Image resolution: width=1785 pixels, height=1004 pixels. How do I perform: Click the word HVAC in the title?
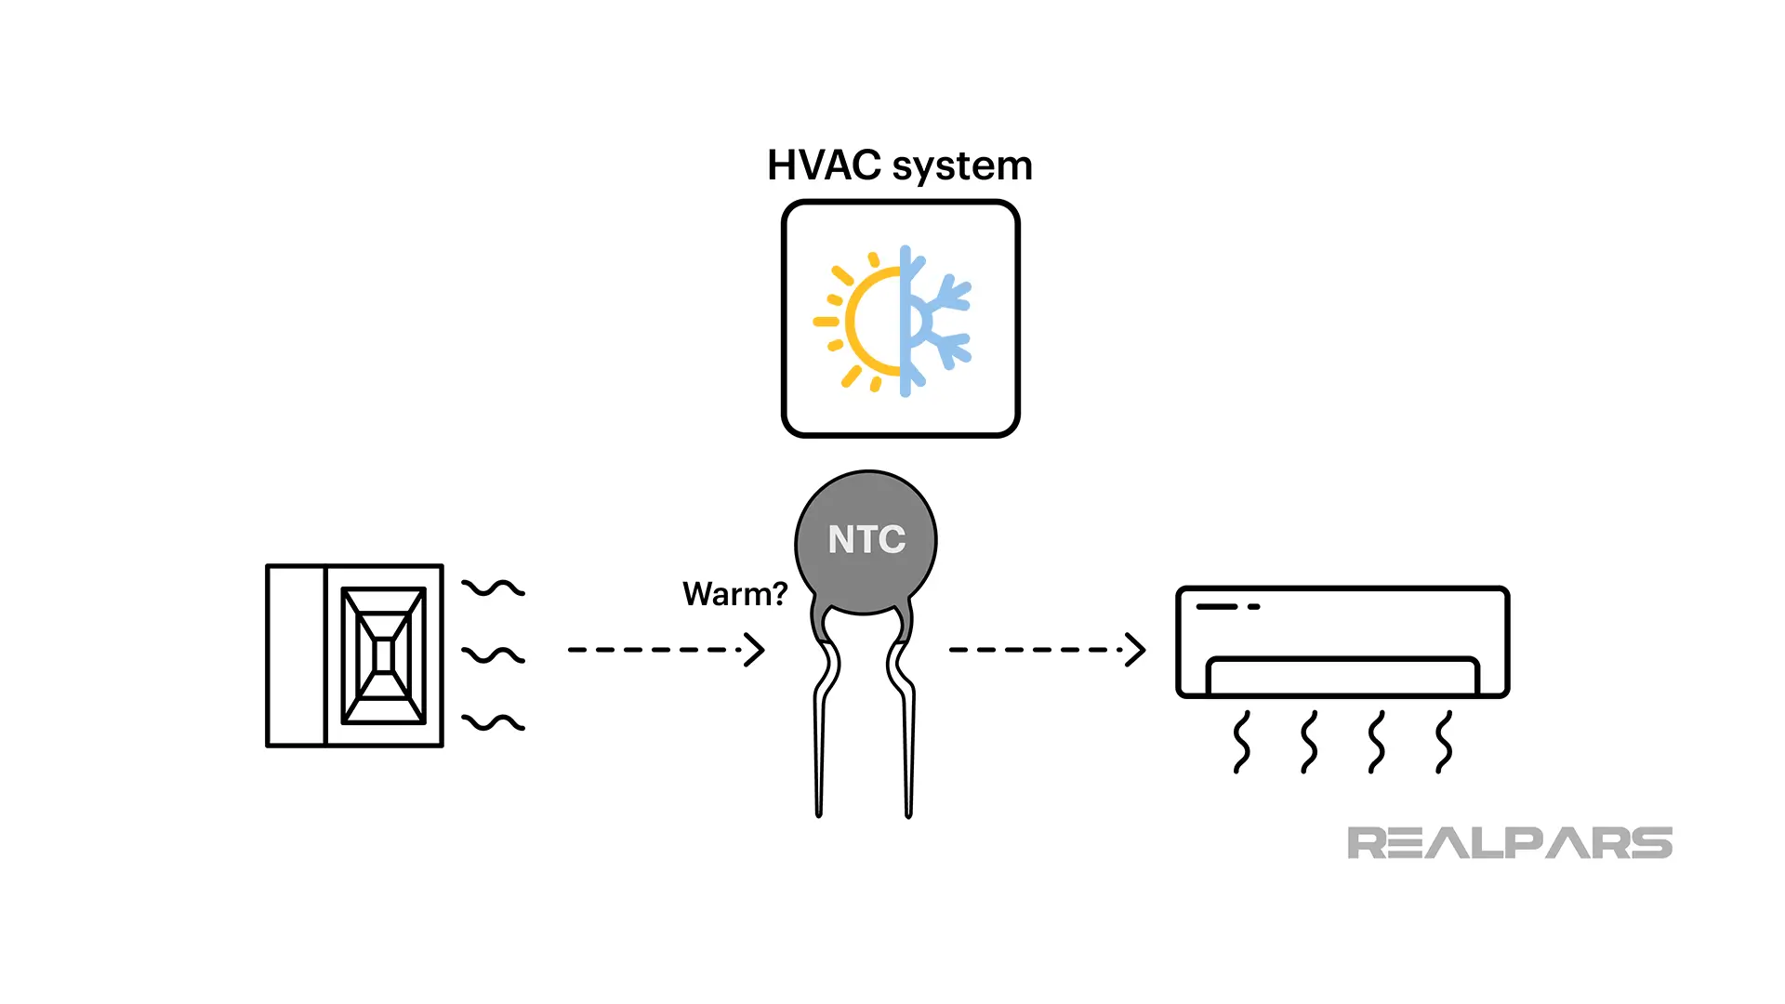pyautogui.click(x=824, y=165)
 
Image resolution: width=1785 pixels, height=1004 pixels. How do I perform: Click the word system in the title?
pyautogui.click(x=962, y=167)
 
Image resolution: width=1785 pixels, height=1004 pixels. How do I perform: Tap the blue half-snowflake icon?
pyautogui.click(x=934, y=321)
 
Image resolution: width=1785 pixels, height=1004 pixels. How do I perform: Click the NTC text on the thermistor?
pyautogui.click(x=866, y=539)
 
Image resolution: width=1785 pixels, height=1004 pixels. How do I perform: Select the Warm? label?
pyautogui.click(x=734, y=594)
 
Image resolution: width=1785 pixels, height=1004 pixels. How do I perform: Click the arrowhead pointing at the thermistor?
pyautogui.click(x=755, y=650)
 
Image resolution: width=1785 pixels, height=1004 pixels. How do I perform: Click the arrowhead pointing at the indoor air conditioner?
pyautogui.click(x=1135, y=650)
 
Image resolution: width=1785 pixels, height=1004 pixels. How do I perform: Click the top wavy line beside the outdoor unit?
pyautogui.click(x=494, y=588)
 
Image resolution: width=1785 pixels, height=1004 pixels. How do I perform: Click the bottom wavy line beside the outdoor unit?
pyautogui.click(x=494, y=722)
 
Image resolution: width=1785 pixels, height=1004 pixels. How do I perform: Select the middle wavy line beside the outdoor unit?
pyautogui.click(x=494, y=655)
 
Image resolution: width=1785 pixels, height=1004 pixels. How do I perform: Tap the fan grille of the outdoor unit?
pyautogui.click(x=383, y=655)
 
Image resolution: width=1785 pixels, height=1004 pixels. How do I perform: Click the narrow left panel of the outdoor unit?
pyautogui.click(x=296, y=655)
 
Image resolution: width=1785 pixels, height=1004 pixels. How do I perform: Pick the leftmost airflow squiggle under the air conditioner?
pyautogui.click(x=1241, y=742)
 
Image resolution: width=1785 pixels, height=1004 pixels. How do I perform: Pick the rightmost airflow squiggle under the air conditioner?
pyautogui.click(x=1444, y=742)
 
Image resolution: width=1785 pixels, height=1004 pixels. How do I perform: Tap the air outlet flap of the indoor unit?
pyautogui.click(x=1342, y=676)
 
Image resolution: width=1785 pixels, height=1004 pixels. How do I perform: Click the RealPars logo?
pyautogui.click(x=1509, y=842)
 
